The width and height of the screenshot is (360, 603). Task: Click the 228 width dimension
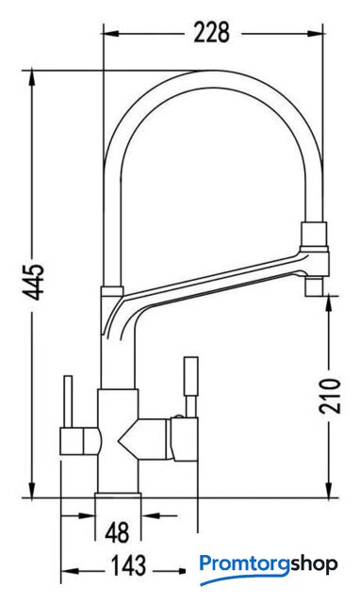coord(211,33)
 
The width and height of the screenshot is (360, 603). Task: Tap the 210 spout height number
coord(330,396)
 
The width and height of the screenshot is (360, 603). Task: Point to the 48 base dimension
coord(117,533)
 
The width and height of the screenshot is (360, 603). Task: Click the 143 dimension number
coord(128,565)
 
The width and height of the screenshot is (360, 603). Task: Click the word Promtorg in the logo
coord(244,564)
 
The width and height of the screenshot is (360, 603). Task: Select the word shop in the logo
coord(314,564)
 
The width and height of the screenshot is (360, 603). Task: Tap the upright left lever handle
coord(68,401)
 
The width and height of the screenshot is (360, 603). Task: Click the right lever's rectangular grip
coord(191,376)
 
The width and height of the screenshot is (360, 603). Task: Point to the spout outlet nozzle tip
coord(314,286)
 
